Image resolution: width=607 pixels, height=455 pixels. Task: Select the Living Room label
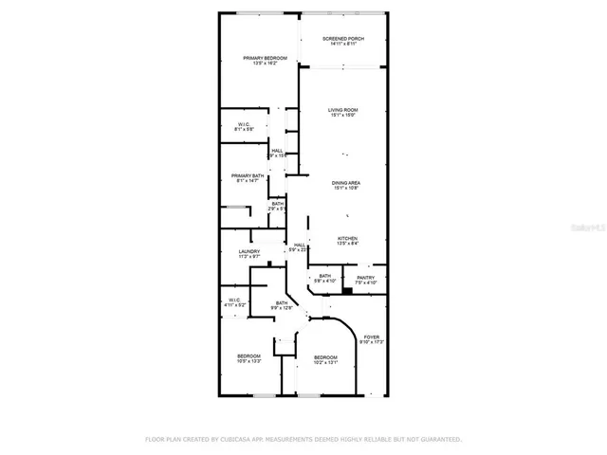(x=342, y=113)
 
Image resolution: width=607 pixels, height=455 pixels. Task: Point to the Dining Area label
(x=346, y=185)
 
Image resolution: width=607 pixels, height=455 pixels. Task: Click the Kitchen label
(x=347, y=241)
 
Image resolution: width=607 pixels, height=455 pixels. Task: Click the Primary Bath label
(x=247, y=177)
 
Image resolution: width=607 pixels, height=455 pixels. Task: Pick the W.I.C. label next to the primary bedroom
(x=243, y=126)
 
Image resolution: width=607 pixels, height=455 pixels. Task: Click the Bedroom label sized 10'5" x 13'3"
(x=249, y=358)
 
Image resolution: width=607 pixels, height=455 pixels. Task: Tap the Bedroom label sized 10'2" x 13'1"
(x=326, y=359)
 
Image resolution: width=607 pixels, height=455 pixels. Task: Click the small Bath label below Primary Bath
(x=277, y=206)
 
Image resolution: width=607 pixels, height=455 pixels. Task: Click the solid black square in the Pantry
(x=347, y=291)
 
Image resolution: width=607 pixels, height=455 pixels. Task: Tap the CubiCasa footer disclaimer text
(x=303, y=440)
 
